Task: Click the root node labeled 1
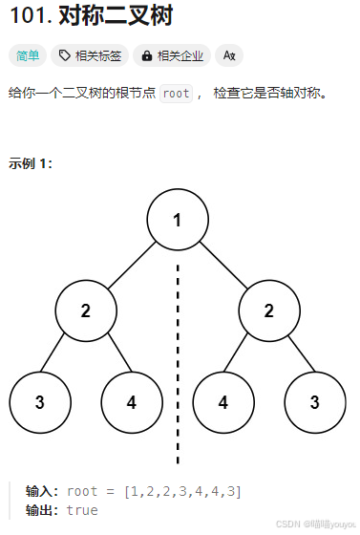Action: click(x=178, y=220)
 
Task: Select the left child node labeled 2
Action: click(x=86, y=311)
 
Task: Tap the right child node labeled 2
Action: click(x=269, y=311)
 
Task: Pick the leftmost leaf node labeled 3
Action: click(x=40, y=402)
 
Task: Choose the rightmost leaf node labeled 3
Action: click(x=315, y=402)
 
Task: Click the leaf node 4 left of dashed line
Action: click(x=132, y=402)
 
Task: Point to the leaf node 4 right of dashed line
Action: click(x=223, y=402)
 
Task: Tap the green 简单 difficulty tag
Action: click(x=28, y=55)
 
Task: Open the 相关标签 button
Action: click(x=91, y=55)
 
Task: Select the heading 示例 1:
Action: click(x=31, y=162)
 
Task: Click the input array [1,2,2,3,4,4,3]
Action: click(x=182, y=491)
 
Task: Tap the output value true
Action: click(x=82, y=510)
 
